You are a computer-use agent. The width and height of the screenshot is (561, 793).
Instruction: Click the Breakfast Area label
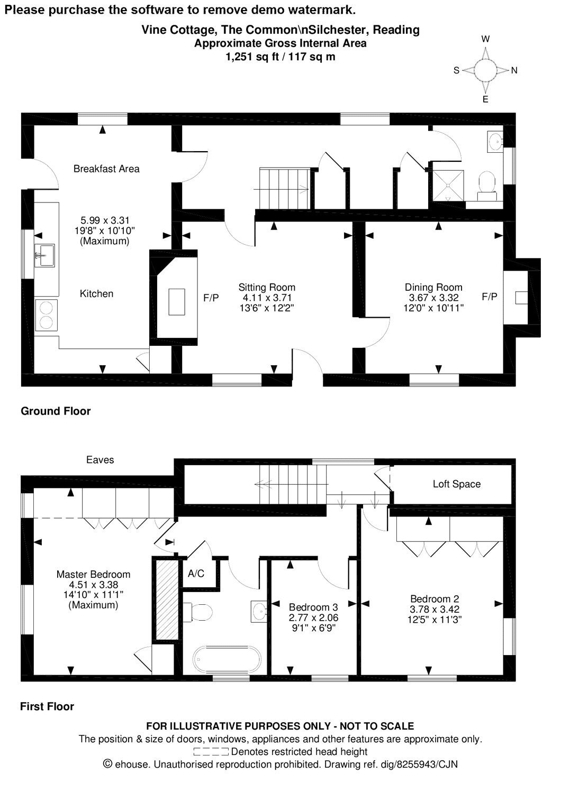click(106, 169)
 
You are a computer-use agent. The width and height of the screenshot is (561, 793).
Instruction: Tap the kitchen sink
click(44, 255)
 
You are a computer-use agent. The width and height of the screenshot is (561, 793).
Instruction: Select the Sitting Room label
click(267, 287)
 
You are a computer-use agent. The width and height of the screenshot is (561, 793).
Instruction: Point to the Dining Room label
click(433, 287)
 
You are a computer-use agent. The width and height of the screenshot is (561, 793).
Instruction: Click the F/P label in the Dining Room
click(490, 297)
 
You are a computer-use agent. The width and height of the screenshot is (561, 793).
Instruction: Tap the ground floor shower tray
click(448, 186)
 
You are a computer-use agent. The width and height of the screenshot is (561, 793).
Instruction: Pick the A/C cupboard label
click(196, 573)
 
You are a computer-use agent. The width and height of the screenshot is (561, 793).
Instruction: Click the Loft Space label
click(456, 484)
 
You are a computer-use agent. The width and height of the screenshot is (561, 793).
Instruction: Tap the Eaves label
click(100, 460)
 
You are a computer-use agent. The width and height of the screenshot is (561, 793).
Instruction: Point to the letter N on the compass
click(514, 70)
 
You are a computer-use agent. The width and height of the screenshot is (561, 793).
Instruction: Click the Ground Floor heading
click(56, 411)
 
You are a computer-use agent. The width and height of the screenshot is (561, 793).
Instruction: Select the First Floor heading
click(47, 706)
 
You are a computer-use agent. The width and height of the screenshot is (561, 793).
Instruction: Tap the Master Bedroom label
click(93, 574)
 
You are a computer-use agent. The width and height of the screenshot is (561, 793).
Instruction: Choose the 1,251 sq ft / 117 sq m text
click(280, 57)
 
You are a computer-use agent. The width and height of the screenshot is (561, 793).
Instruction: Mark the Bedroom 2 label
click(435, 598)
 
